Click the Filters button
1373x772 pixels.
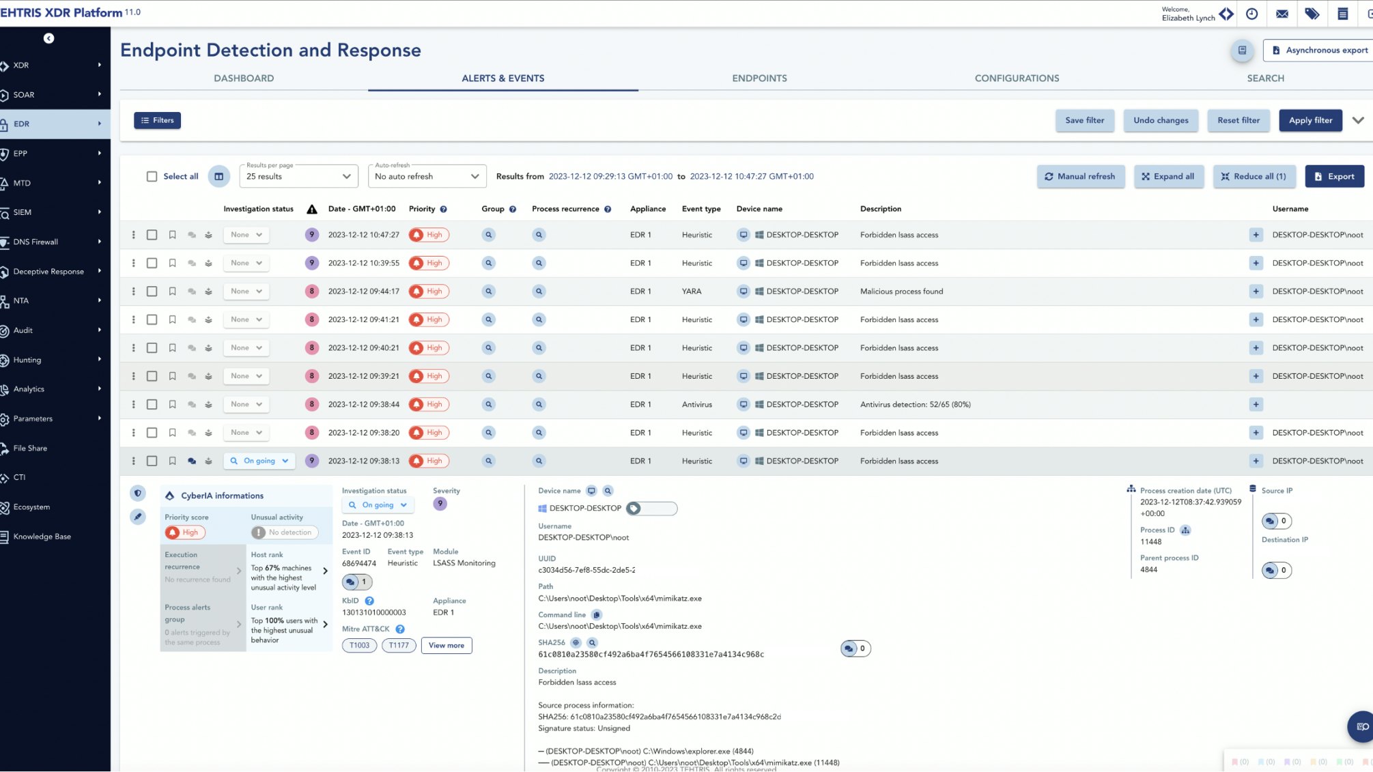[x=157, y=120]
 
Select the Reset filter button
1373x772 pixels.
[x=1238, y=120]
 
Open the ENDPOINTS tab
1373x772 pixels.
[x=759, y=78]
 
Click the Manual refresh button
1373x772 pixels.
[x=1080, y=176]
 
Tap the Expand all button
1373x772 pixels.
[x=1168, y=176]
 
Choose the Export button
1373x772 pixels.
[x=1334, y=176]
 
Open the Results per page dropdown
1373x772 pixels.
[x=298, y=176]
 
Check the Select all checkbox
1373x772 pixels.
[x=152, y=176]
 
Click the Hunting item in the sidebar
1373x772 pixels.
[x=27, y=360]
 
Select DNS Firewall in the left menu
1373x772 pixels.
[x=36, y=242]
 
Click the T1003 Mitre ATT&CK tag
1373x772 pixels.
[x=359, y=645]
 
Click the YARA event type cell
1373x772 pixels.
[x=691, y=291]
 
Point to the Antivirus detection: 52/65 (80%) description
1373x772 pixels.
[x=915, y=404]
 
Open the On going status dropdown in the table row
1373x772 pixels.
[x=259, y=461]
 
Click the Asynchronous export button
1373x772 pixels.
[x=1319, y=50]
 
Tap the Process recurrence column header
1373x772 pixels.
[x=565, y=209]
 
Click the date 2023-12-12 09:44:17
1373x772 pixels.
[x=363, y=291]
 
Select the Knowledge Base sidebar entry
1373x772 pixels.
[x=42, y=537]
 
